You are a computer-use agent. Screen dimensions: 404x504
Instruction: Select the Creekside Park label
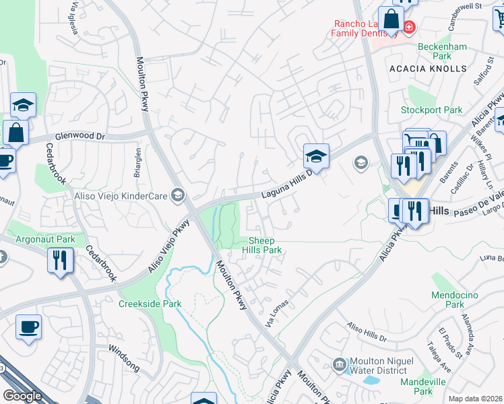(150, 304)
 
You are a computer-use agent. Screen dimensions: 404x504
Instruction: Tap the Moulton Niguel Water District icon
(340, 366)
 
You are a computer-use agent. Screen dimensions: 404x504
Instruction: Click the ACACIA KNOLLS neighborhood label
(428, 69)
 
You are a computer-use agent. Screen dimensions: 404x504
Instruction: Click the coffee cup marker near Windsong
(29, 329)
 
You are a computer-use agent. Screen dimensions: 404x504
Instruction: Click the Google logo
(23, 396)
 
